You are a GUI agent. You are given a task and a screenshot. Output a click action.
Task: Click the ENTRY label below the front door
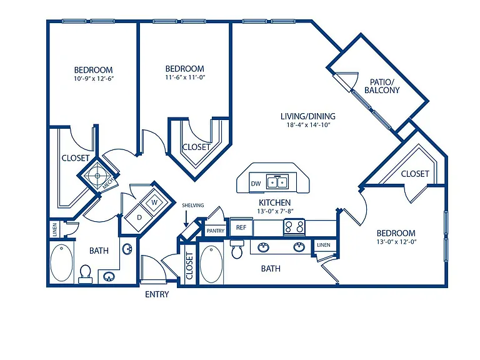click(157, 294)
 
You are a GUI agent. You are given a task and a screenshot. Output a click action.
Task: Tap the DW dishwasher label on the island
click(256, 184)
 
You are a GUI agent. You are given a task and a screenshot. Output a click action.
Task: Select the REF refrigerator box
click(241, 227)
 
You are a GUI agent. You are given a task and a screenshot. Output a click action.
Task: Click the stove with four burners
click(294, 227)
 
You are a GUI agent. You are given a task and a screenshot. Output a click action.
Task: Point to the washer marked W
click(154, 202)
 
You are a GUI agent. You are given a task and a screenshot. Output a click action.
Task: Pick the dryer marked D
click(139, 217)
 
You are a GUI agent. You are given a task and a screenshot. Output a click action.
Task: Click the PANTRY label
click(216, 231)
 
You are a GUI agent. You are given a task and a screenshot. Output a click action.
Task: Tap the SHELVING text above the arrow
click(193, 206)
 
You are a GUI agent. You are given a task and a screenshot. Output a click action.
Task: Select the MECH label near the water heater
click(108, 183)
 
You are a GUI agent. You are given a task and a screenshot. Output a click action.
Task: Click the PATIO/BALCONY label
click(382, 86)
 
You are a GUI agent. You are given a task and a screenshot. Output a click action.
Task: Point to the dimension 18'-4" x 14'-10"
click(308, 124)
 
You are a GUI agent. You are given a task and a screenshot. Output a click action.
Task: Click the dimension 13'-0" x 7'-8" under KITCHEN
click(275, 211)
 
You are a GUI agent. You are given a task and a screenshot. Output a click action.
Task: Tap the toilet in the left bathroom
click(85, 274)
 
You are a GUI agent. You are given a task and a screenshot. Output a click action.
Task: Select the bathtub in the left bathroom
click(61, 262)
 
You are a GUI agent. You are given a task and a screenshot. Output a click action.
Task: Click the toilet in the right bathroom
click(237, 249)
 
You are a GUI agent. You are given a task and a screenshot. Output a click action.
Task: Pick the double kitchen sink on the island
click(277, 182)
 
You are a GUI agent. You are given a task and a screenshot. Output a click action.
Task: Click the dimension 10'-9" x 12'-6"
click(94, 78)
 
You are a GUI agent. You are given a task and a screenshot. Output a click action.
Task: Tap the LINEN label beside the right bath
click(324, 245)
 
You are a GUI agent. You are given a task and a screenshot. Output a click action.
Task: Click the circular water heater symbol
click(97, 176)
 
